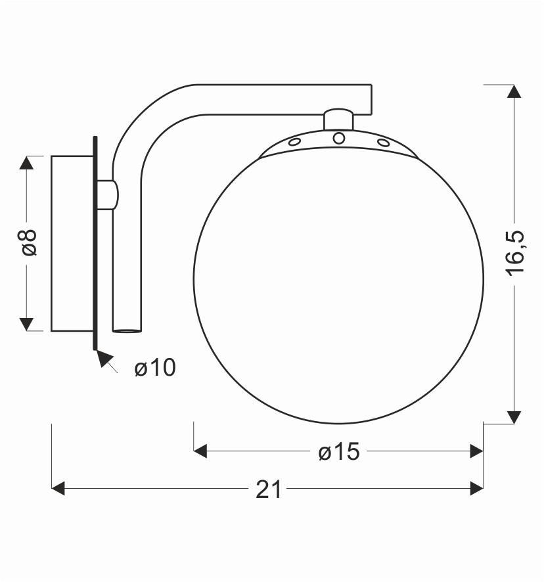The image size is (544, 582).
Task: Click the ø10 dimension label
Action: point(155,368)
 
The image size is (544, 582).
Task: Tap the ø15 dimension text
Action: point(339,451)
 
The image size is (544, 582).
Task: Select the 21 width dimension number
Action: point(267,489)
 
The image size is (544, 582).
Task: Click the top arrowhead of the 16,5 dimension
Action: point(514,92)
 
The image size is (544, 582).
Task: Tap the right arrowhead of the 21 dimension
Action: point(476,488)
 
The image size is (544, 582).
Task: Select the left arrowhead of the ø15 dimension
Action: point(201,451)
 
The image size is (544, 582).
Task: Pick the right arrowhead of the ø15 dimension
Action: point(476,451)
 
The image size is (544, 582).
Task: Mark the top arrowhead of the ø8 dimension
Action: point(26,163)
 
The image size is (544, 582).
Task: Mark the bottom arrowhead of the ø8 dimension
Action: point(26,323)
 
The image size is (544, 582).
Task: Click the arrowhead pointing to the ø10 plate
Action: point(102,358)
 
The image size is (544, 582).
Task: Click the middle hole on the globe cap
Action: point(339,138)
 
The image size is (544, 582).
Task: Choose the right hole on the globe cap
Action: point(383,142)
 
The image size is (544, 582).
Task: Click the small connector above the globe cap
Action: point(339,120)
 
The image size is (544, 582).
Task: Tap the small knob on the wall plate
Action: point(110,194)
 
